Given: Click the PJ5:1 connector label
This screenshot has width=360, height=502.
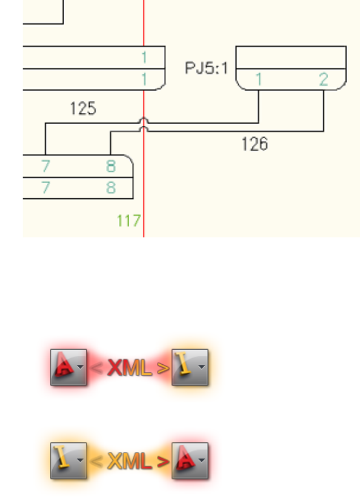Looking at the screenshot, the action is (x=206, y=69).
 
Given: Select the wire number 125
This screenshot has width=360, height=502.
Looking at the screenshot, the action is (x=83, y=109).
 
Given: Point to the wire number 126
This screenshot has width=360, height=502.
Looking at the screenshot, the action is (x=255, y=144).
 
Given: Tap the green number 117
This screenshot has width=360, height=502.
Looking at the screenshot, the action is (x=129, y=220).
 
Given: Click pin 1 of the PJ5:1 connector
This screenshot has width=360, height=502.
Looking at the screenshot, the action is (x=259, y=80).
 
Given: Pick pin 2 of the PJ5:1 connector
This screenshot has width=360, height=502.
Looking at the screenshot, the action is (x=323, y=80).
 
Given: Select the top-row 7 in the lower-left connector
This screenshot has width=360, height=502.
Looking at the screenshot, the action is (x=45, y=167).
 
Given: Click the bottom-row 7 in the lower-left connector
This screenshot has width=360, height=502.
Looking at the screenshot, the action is (x=45, y=188).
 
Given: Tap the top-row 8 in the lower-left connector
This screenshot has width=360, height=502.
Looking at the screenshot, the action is (x=111, y=167).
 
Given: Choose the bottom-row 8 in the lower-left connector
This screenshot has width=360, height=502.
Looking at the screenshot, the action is (x=111, y=188).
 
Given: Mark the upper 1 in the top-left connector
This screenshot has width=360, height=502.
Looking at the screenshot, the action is (x=145, y=57).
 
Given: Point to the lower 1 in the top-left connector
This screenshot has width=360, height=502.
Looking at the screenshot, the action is (x=145, y=80).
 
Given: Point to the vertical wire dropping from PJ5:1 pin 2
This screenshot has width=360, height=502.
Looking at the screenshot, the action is (x=323, y=110).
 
